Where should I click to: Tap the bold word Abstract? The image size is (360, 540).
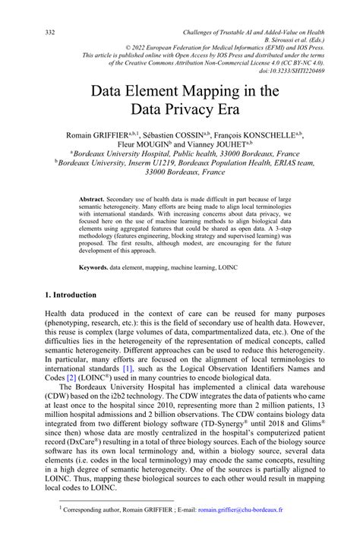point(93,199)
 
